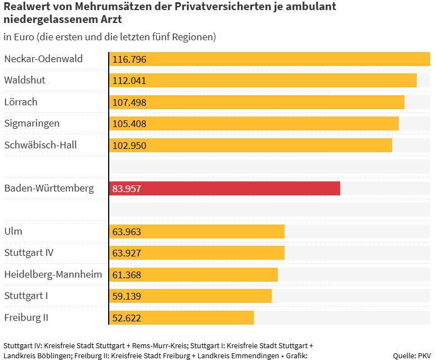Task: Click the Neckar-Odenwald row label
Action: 43,59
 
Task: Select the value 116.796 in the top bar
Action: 129,59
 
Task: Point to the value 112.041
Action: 129,81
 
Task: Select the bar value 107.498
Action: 129,102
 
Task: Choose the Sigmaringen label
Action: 31,123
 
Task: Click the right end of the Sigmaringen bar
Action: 397,124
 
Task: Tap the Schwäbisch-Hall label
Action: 40,145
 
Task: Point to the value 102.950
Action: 129,146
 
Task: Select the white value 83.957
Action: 127,189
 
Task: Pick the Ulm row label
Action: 13,231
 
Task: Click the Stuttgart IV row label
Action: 29,253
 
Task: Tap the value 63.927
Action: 127,253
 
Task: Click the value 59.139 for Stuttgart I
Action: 127,296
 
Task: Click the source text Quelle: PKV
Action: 412,356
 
